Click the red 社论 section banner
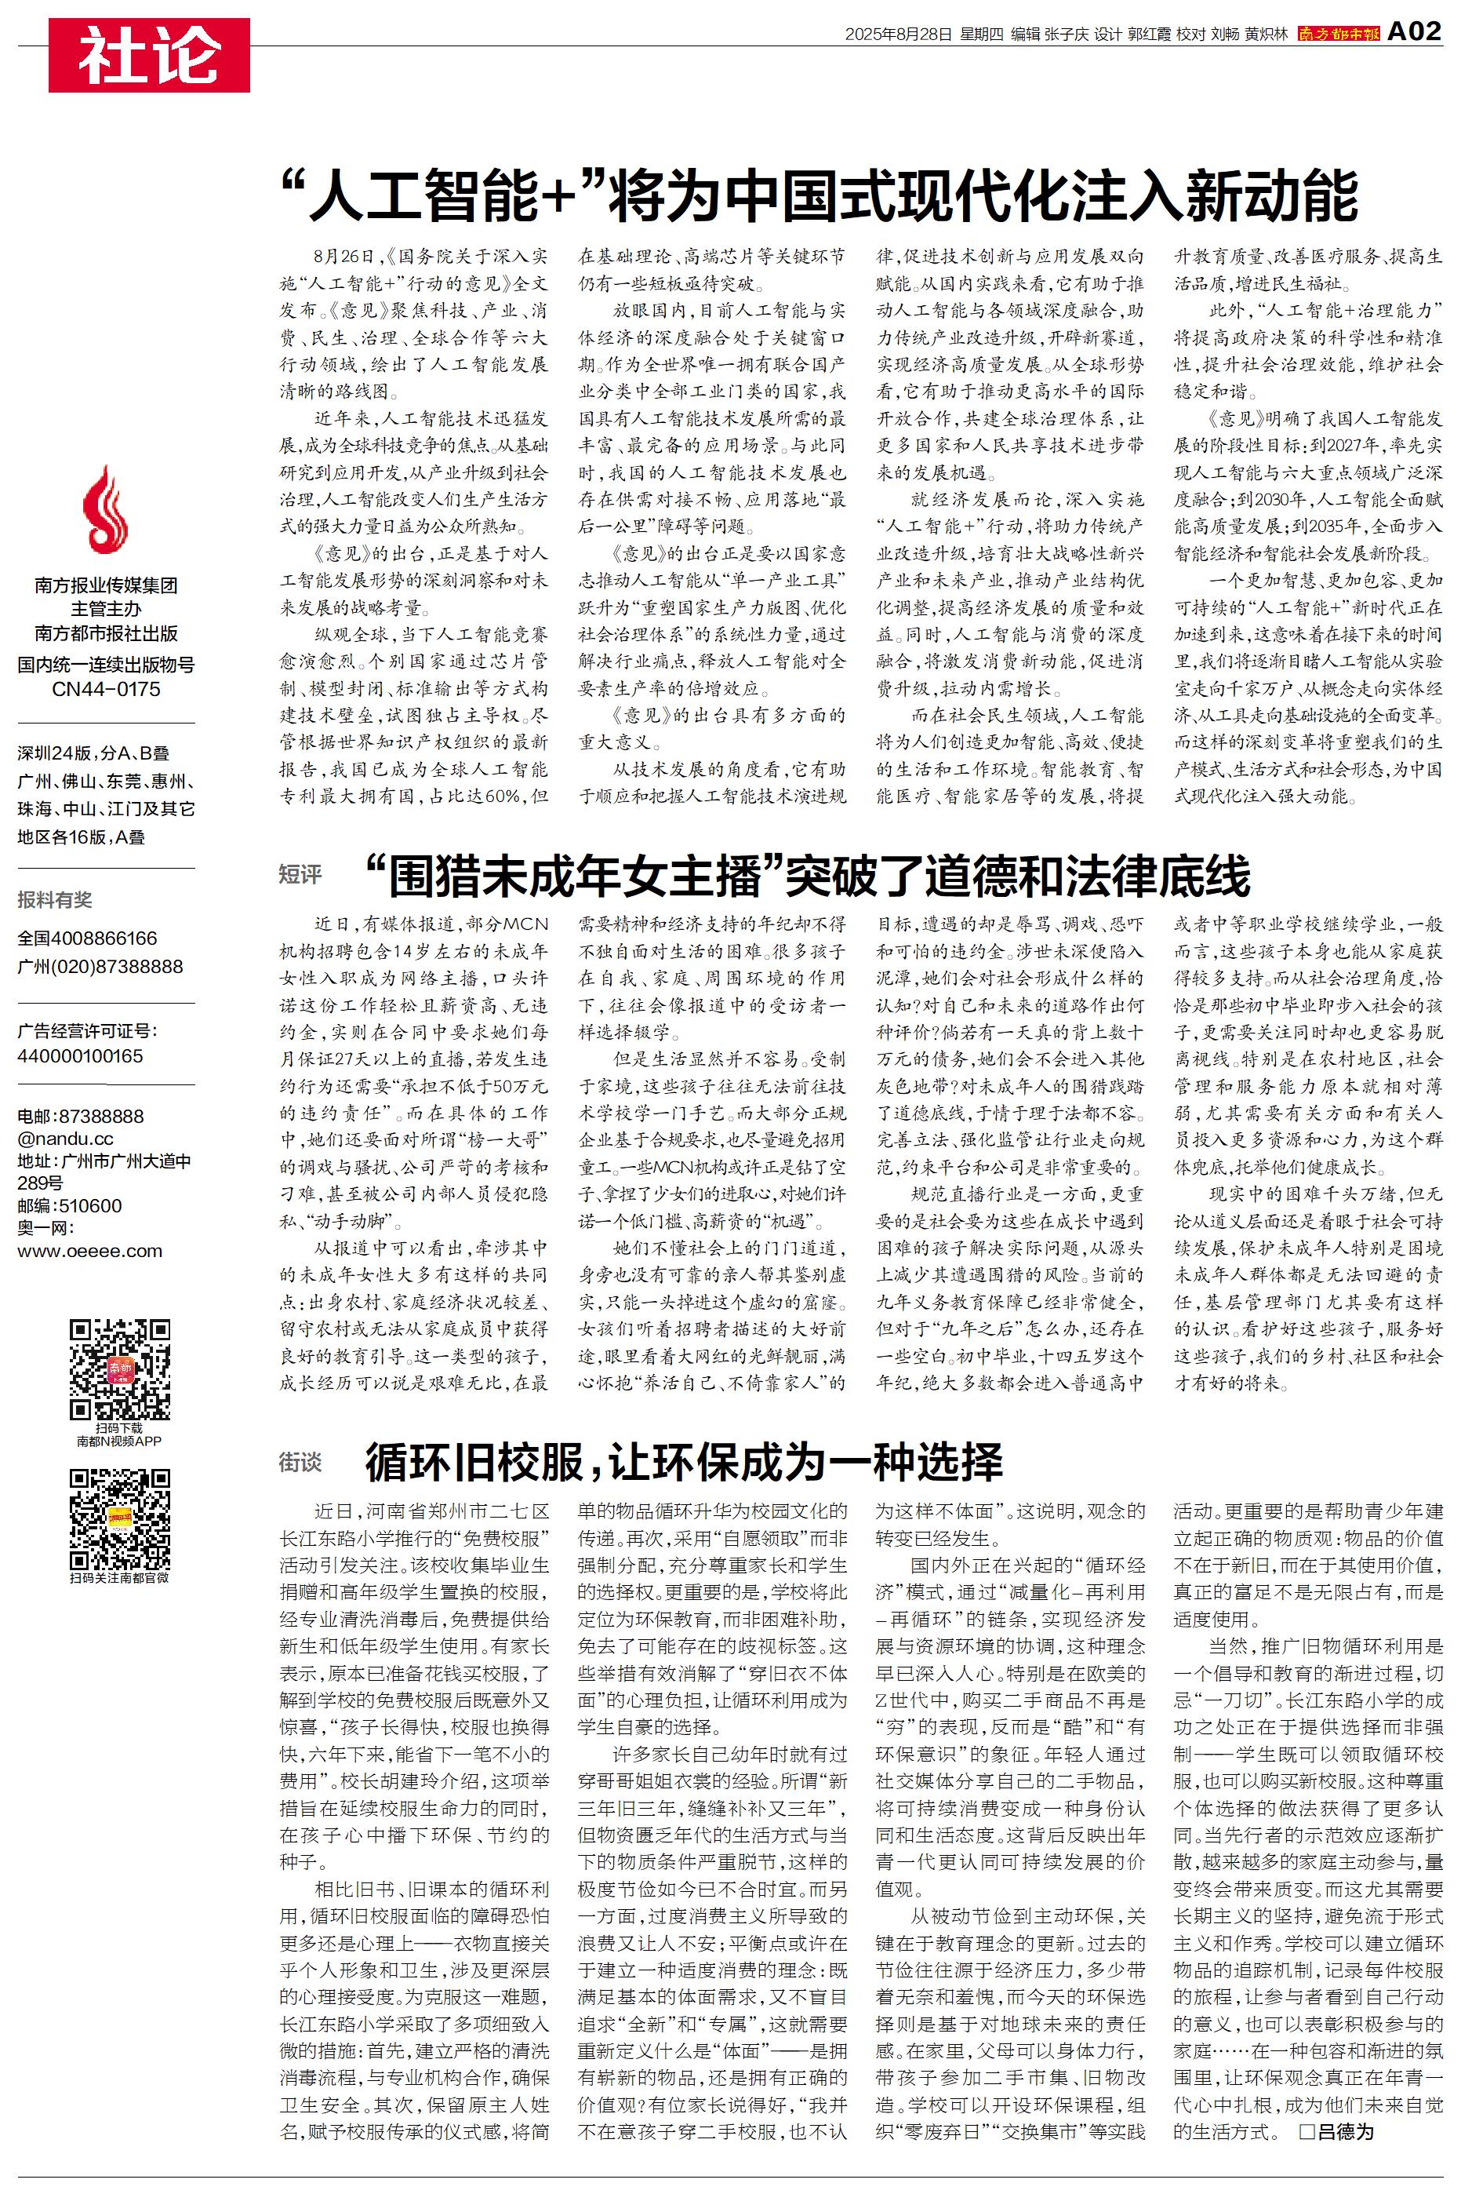pos(149,55)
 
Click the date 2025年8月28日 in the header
pos(898,35)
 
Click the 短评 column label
pos(300,874)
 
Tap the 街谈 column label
pos(300,1463)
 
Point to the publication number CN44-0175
pos(106,690)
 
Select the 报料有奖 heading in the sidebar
pos(55,899)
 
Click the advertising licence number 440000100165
pos(80,1056)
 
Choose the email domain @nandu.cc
pos(65,1138)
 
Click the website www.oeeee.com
pos(89,1251)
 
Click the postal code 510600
pos(89,1206)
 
